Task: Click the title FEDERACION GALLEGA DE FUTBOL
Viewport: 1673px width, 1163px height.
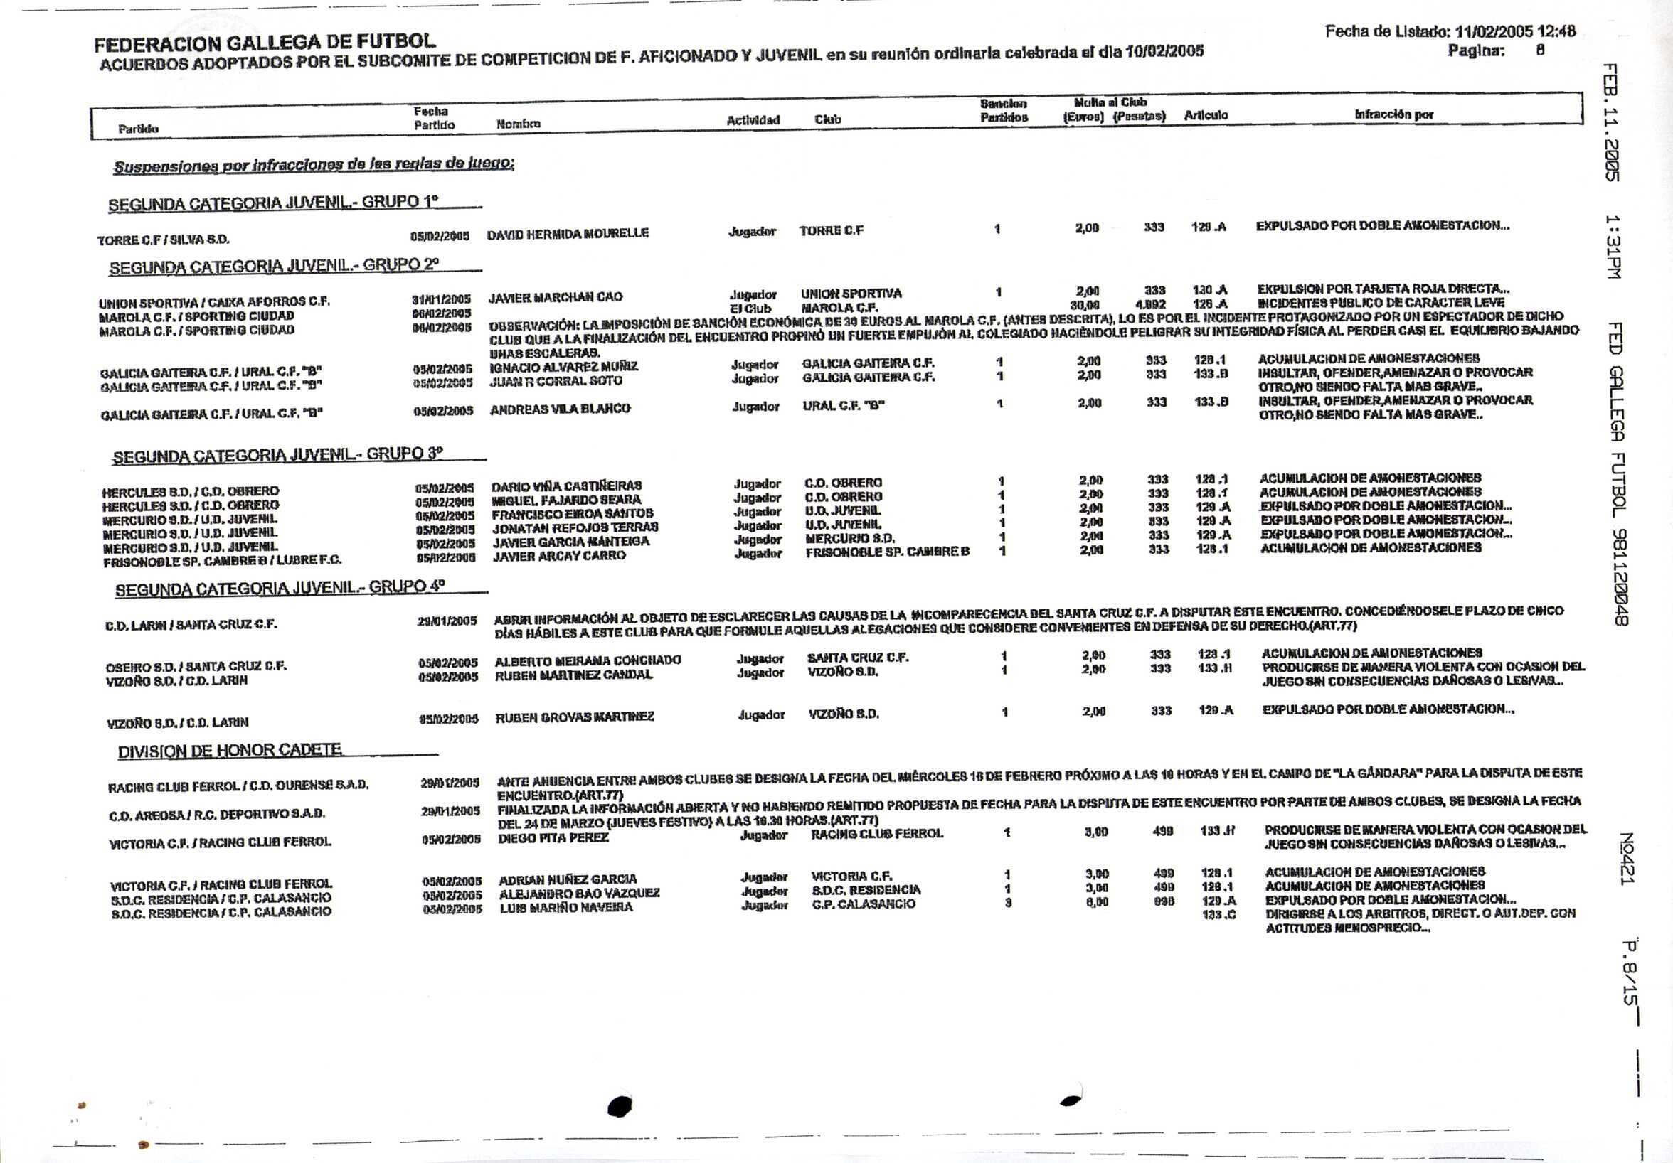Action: point(266,44)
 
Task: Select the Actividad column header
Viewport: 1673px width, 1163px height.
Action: point(753,120)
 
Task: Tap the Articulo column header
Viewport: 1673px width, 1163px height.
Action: point(1205,115)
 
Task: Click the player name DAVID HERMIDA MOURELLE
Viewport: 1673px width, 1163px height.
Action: point(568,234)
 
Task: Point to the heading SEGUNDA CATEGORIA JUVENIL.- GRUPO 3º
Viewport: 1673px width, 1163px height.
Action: point(277,455)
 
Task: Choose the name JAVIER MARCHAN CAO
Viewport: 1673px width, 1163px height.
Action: point(556,297)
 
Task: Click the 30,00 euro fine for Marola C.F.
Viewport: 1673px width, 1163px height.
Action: point(1084,305)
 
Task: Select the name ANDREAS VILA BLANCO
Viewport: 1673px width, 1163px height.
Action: point(560,409)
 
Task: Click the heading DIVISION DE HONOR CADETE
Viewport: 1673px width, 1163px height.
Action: point(230,750)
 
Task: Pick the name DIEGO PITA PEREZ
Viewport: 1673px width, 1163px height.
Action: point(553,838)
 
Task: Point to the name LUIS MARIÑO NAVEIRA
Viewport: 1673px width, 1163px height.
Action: point(566,908)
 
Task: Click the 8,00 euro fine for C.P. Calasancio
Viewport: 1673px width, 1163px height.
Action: point(1097,901)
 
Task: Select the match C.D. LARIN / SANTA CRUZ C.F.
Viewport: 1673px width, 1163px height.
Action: point(191,624)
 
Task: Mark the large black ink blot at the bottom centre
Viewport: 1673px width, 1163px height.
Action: point(620,1107)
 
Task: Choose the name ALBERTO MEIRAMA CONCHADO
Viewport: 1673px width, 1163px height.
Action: point(588,660)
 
